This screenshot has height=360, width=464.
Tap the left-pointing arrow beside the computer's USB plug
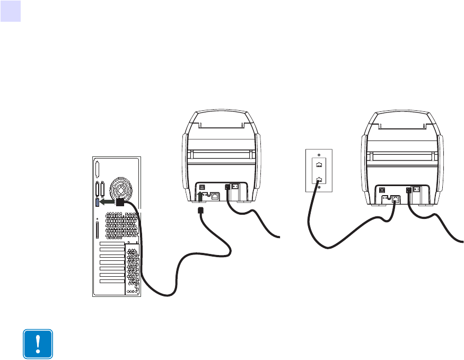107,203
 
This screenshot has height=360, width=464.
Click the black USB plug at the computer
120,202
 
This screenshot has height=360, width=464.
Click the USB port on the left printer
202,187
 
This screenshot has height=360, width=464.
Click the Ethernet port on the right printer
396,198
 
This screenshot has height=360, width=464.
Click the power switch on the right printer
417,189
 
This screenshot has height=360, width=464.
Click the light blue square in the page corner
10,11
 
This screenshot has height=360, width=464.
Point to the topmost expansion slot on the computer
112,248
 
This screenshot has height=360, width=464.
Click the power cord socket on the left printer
228,187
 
